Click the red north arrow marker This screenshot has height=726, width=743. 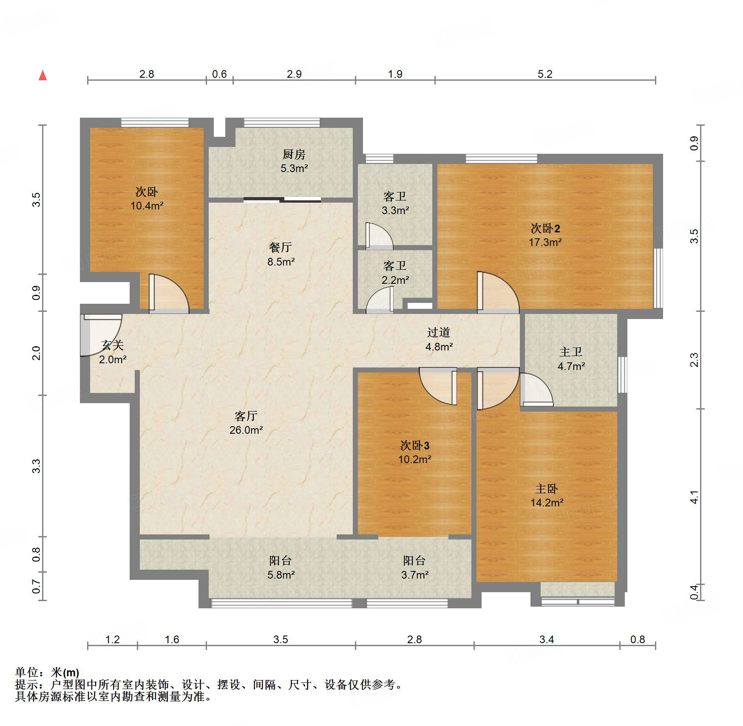coord(43,75)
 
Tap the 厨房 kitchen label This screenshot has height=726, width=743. coord(294,154)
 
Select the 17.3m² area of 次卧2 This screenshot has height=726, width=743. coord(545,243)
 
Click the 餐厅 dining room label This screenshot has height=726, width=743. coord(281,247)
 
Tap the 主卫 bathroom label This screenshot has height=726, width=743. coord(571,352)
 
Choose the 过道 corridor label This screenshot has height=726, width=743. coord(439,332)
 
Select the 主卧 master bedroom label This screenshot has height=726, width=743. coord(547,489)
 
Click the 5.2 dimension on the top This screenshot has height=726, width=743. coord(545,74)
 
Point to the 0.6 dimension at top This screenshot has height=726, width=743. coord(219,74)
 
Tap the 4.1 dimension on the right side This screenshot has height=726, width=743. coord(694,497)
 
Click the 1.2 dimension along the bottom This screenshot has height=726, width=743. coord(112,639)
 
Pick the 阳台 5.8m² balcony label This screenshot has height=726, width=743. coord(281,568)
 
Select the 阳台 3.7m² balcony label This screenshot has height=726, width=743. coord(415,568)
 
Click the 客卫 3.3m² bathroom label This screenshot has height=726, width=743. coord(395,203)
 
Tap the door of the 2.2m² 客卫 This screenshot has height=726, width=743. coord(380,300)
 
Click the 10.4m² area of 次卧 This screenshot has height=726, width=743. coord(147,206)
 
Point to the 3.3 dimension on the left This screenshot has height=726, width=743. coord(37,466)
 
